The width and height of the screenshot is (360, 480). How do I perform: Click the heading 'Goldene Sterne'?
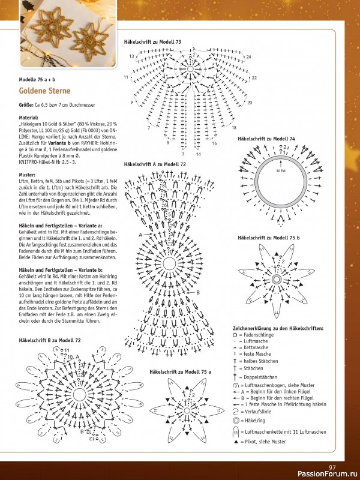44,91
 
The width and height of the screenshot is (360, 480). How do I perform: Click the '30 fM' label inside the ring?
280,171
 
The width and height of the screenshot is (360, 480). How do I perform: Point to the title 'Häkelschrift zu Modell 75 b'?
268,238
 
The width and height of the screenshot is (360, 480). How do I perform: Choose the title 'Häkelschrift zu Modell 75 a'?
180,373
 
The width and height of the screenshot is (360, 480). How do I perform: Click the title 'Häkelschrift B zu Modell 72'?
49,340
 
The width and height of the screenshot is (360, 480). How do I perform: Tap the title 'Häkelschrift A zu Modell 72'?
155,164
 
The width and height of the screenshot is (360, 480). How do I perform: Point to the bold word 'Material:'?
28,118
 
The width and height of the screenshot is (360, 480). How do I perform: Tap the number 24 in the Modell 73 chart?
248,57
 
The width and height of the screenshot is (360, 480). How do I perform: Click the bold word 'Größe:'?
26,105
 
